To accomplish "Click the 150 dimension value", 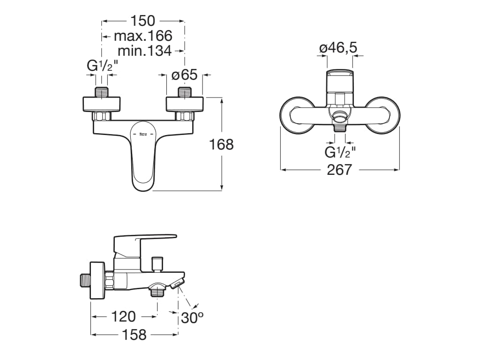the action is tap(143, 21).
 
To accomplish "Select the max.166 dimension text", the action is tap(143, 36).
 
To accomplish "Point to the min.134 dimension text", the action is tap(144, 51).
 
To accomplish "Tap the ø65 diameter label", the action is tap(184, 75).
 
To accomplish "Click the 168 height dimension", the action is tap(221, 144).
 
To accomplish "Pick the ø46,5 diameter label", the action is tap(338, 48).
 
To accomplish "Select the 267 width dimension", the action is tap(339, 170).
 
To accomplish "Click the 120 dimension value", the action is tap(123, 316).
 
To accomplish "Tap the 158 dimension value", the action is tap(134, 335).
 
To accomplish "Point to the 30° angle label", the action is tap(192, 318).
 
